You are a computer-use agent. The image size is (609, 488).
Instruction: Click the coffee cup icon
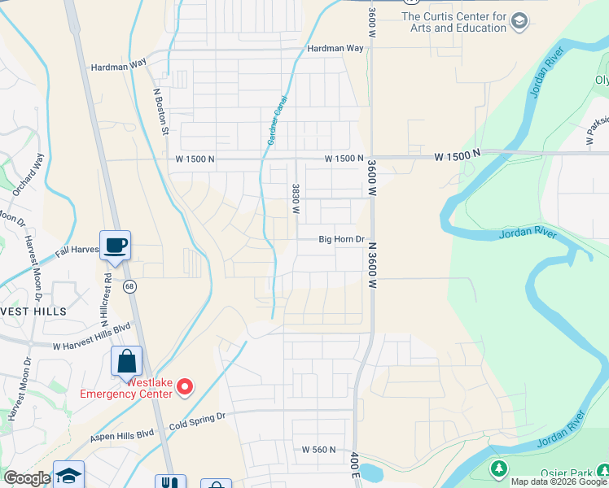click(x=115, y=244)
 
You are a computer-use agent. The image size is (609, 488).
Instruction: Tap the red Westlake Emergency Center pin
click(x=186, y=386)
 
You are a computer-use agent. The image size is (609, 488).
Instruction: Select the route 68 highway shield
click(x=129, y=286)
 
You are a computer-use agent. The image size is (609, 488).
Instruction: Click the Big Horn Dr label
click(x=340, y=239)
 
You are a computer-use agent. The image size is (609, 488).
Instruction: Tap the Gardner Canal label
click(x=277, y=120)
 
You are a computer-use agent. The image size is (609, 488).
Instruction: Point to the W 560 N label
click(x=318, y=449)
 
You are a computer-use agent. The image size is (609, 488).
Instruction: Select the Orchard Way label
click(x=27, y=174)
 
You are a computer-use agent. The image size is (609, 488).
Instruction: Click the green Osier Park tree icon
click(x=499, y=468)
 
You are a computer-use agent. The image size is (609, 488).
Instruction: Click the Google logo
click(x=27, y=478)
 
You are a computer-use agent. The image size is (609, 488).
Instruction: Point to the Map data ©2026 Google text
click(x=558, y=481)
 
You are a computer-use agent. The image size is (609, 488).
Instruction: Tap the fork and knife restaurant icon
click(x=170, y=482)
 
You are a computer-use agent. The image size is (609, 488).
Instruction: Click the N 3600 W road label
click(x=372, y=265)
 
